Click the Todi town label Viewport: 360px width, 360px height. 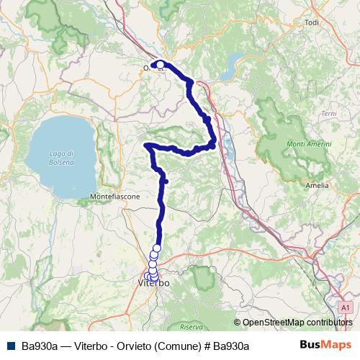[312, 23]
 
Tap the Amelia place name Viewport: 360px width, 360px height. [317, 185]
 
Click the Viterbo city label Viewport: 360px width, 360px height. [153, 284]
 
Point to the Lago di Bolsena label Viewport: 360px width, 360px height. [63, 158]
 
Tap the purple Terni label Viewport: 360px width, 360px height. [328, 114]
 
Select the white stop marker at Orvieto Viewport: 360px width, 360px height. [161, 65]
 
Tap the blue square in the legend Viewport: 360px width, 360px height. [11, 346]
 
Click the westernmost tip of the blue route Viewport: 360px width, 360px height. [147, 145]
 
